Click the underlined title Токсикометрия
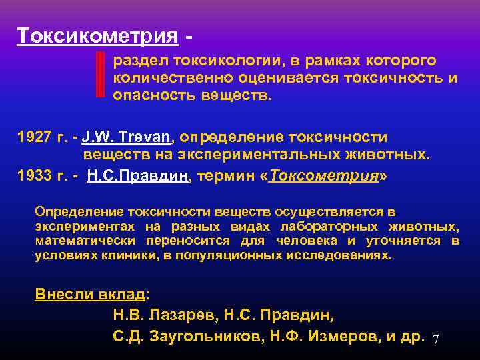98,35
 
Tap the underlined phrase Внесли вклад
89,295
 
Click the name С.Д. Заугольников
187,336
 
